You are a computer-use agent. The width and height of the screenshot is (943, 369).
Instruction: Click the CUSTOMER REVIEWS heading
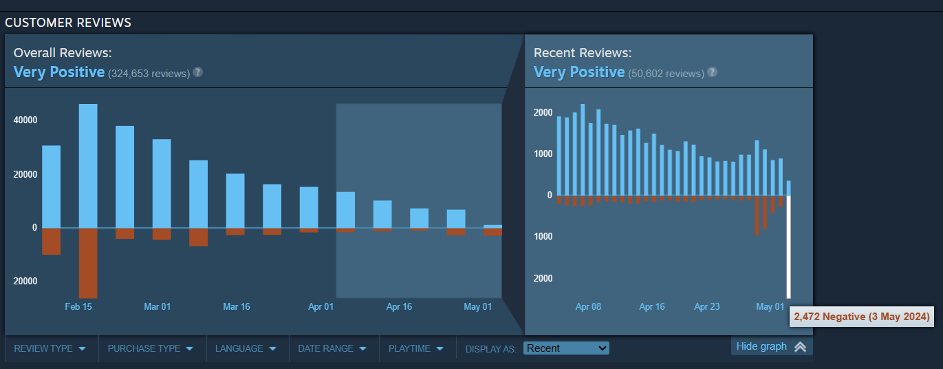coord(68,23)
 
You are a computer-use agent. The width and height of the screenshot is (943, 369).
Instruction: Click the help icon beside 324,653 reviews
coord(197,72)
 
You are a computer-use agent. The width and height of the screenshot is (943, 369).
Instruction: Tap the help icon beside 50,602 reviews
coord(712,72)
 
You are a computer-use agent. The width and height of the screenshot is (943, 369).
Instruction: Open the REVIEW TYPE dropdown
coord(50,348)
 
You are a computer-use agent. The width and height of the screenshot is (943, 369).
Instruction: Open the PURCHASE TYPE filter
coord(149,348)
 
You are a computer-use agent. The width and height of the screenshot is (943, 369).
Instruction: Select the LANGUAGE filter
coord(246,348)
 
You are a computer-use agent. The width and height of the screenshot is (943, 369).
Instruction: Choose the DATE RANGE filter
coord(332,348)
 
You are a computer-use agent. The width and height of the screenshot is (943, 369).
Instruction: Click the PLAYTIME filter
coord(416,348)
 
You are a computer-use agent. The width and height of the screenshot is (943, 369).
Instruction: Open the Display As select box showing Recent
coord(566,348)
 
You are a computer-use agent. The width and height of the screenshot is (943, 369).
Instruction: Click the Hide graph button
coord(770,346)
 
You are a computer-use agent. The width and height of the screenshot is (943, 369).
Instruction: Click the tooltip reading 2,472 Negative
coord(862,317)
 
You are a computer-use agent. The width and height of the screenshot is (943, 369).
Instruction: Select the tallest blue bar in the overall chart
coord(88,165)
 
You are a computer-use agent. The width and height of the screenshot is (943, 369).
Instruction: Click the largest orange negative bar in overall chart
coord(88,262)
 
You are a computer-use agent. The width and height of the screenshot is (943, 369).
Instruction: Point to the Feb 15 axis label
coord(78,306)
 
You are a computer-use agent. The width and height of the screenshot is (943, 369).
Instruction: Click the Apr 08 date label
coord(588,306)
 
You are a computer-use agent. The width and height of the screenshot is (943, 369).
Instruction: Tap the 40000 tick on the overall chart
coord(25,120)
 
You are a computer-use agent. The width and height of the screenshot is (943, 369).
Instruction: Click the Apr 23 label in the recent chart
coord(706,306)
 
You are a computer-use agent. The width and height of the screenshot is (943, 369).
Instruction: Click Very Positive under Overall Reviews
coord(59,72)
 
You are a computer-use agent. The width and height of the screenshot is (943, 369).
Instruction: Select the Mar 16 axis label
coord(237,306)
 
